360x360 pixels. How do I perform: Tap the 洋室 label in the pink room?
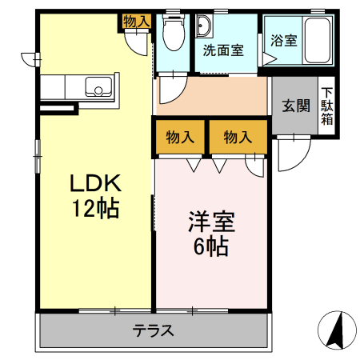[211, 219]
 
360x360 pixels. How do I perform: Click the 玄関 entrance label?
[296, 106]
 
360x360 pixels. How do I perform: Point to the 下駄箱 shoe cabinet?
[327, 106]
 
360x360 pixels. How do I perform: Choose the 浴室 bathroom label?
[283, 40]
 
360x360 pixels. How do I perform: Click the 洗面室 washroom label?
[222, 50]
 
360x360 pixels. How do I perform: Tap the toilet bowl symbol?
[170, 34]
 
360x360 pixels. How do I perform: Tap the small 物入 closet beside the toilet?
[136, 22]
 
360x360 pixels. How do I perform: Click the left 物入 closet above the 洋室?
[180, 137]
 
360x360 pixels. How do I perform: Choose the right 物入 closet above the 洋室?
[237, 137]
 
